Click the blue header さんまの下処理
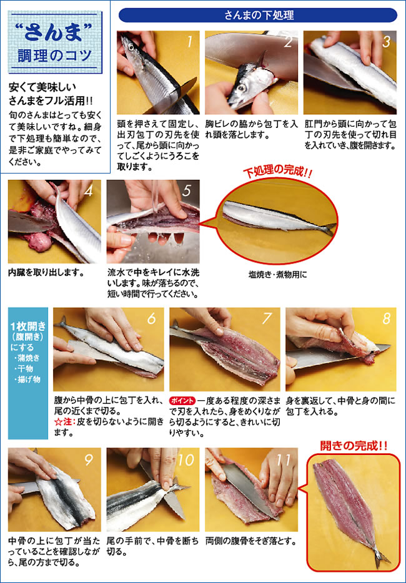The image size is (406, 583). [257, 15]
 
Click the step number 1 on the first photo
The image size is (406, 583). [190, 41]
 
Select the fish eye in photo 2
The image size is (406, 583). [241, 88]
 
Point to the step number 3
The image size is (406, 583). [386, 41]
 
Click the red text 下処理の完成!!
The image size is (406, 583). [277, 172]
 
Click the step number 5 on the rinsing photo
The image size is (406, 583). [187, 190]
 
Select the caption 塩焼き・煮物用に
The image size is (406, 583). [277, 275]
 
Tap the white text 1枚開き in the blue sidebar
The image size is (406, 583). [28, 326]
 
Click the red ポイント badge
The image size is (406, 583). [182, 401]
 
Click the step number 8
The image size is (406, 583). [387, 318]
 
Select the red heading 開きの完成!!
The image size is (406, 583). [354, 445]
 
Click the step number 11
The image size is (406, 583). [284, 459]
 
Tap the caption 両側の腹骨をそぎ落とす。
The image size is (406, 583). [251, 541]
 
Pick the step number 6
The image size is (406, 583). [151, 318]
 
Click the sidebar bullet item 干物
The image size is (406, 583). [26, 368]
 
